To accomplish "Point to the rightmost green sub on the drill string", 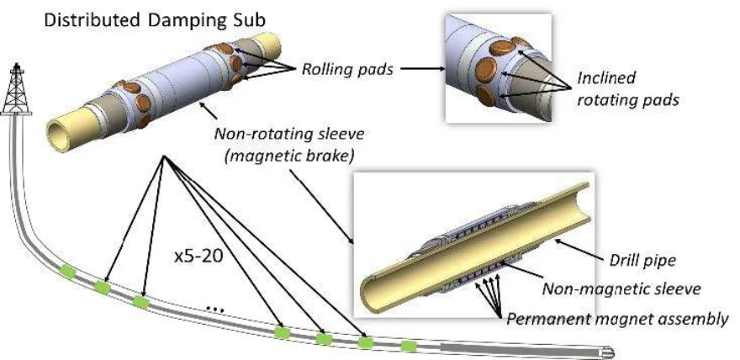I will click(409, 346).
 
